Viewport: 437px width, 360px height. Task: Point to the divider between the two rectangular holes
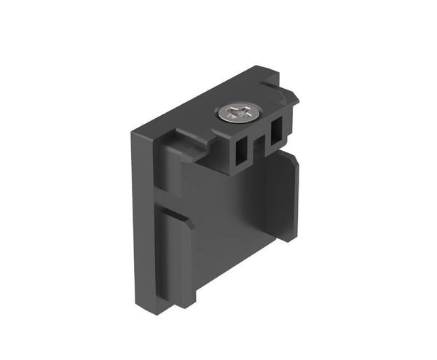(258, 144)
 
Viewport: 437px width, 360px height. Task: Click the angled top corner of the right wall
(294, 165)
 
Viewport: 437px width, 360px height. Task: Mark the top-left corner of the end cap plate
(132, 133)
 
